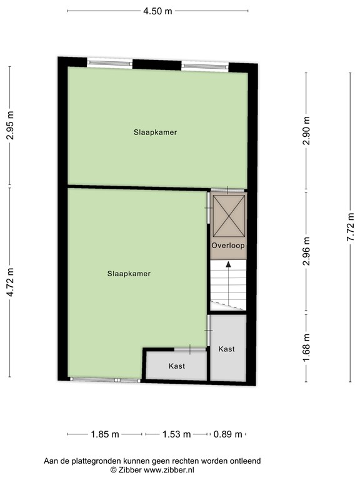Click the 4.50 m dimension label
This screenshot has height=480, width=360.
(x=157, y=11)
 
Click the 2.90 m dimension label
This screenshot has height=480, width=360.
(x=306, y=132)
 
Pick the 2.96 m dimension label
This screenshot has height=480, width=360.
(x=306, y=251)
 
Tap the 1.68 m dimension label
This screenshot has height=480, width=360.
(x=306, y=347)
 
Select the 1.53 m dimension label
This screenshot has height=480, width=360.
(x=176, y=434)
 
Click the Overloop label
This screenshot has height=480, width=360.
(x=227, y=246)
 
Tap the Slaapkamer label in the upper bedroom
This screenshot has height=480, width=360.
(x=155, y=132)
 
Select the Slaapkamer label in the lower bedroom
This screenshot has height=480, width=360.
(x=129, y=273)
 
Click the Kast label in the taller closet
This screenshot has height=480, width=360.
(x=226, y=349)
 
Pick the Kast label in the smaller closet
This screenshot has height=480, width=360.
(x=176, y=366)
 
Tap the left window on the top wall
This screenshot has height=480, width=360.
(x=109, y=62)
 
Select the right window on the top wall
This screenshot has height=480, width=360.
(x=204, y=64)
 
